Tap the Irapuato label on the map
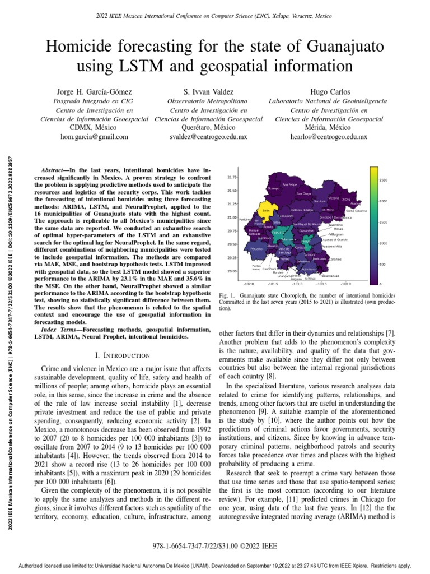278,232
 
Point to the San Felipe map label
289,184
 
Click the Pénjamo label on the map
256,248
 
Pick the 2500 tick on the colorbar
384,180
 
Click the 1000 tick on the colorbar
384,243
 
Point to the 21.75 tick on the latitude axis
232,177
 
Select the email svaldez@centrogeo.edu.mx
215,136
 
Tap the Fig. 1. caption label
226,295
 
